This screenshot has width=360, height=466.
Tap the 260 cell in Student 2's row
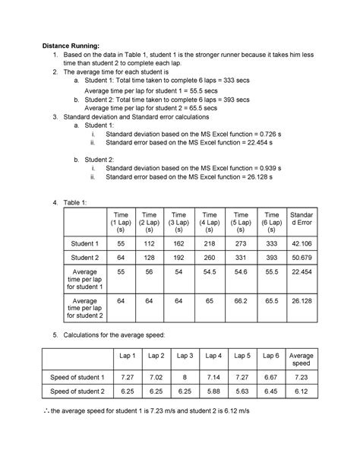[x=210, y=258]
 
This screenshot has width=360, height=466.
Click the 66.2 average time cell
[x=242, y=301]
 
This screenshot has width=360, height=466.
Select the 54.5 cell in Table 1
[x=210, y=271]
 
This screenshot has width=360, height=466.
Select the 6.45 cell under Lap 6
[x=268, y=392]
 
